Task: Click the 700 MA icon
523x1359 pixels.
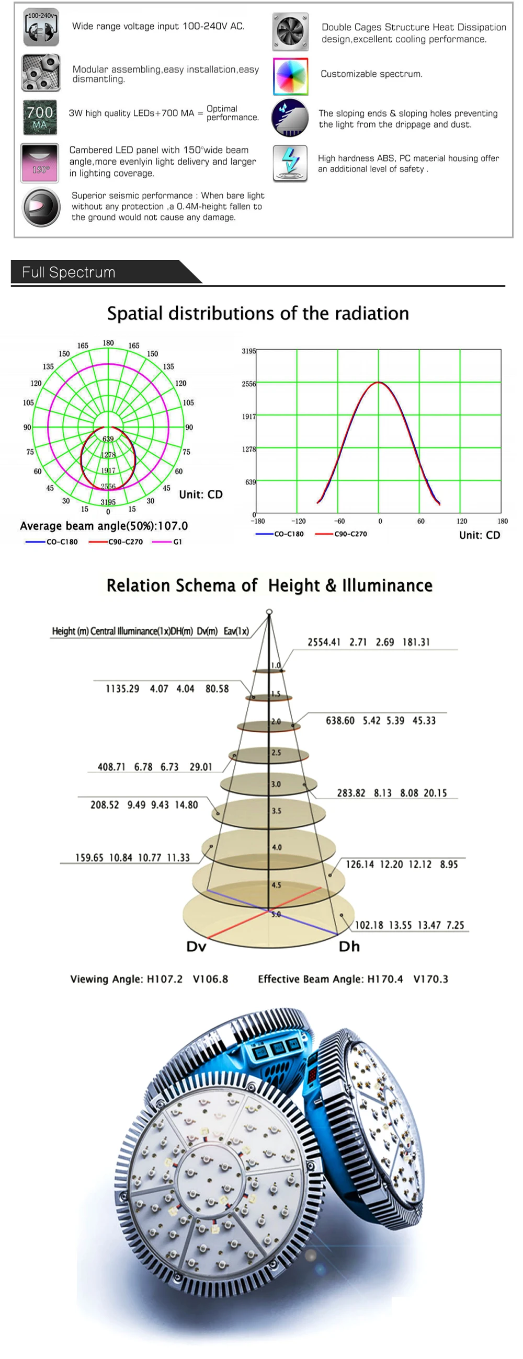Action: (x=40, y=118)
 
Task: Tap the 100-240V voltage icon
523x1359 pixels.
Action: (x=41, y=27)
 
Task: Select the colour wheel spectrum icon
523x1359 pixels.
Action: (x=290, y=76)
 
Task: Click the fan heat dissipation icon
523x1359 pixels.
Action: (x=290, y=32)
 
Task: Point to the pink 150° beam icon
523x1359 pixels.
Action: (x=40, y=163)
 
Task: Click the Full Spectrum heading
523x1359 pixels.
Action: (x=69, y=272)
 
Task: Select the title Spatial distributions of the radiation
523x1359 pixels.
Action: (x=258, y=314)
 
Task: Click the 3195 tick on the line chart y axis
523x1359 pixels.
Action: (x=248, y=351)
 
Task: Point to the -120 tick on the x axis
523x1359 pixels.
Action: (x=299, y=521)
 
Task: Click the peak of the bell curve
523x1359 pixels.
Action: (x=379, y=382)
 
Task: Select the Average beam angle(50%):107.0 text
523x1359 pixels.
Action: (x=104, y=526)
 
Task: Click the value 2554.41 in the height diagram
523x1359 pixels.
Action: (x=324, y=642)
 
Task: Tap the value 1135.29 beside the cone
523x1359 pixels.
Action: (x=122, y=688)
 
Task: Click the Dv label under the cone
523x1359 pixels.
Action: (x=196, y=947)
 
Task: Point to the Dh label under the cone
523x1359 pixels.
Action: (x=349, y=947)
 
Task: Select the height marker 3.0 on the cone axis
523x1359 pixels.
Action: (x=276, y=784)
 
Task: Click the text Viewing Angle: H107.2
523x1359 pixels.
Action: (x=126, y=979)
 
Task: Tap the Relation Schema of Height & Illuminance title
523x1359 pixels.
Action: (x=270, y=585)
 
